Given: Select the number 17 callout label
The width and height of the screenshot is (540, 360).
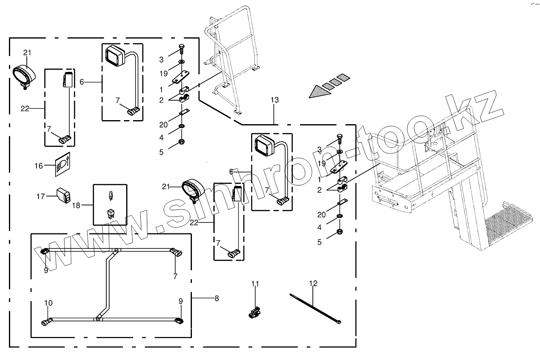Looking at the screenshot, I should tap(41, 196).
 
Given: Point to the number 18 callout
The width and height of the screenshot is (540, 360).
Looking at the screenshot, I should tap(76, 205).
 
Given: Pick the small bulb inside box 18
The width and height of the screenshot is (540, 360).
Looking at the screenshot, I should tap(109, 197).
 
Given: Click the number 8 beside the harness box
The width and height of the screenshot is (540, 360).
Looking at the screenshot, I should tap(217, 298).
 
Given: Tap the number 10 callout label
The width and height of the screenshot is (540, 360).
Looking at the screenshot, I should tap(48, 303).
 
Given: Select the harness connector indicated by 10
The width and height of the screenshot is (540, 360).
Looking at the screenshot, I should tap(46, 323).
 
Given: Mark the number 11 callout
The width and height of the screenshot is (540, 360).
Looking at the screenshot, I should tap(254, 284).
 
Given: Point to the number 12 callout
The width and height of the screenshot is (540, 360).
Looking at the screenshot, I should tap(313, 284).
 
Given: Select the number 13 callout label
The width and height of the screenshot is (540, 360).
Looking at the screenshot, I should tap(275, 100).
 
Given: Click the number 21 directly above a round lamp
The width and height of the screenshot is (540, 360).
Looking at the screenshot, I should tap(27, 53).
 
